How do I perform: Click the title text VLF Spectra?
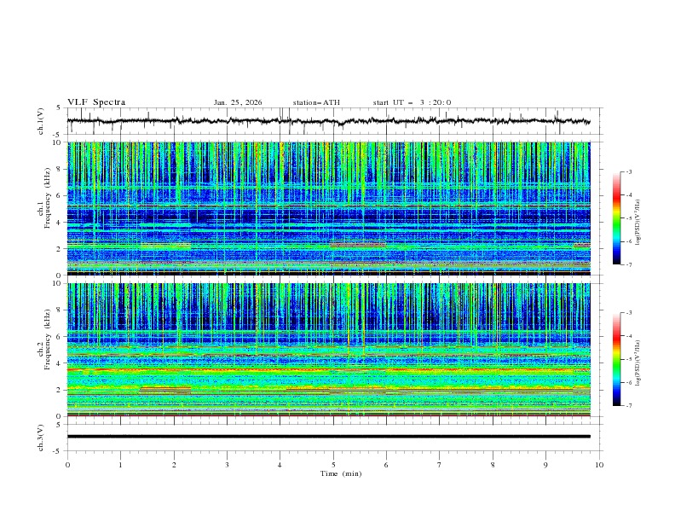pos(96,102)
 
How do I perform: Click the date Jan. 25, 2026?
pos(238,102)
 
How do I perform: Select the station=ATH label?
pos(316,102)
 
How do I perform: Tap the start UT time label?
pos(412,102)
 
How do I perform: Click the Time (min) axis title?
pos(333,473)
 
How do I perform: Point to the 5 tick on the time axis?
pos(333,464)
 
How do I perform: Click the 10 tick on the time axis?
pos(599,464)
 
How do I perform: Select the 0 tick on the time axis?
pos(67,464)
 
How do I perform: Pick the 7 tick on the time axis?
pos(440,464)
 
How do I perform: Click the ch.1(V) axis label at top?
pos(41,121)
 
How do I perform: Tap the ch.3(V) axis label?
pos(41,437)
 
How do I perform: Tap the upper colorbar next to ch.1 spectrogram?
pos(616,218)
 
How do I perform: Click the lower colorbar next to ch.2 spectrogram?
pos(616,359)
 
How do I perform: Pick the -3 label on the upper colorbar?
pos(627,172)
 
